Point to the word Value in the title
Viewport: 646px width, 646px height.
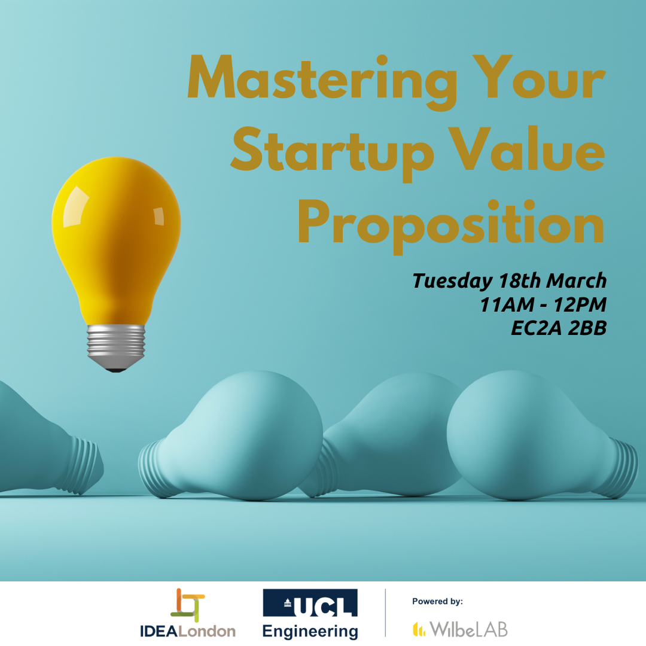point(527,148)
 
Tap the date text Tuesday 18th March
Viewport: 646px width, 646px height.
point(510,281)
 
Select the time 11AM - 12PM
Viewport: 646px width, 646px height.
point(543,305)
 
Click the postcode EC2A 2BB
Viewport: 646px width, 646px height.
point(559,328)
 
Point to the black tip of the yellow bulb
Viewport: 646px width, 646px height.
point(116,370)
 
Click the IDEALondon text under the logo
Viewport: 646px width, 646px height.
point(187,631)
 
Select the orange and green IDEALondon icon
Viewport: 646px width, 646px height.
point(187,605)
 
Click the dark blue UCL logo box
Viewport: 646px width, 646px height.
point(310,603)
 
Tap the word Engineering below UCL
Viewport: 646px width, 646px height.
point(310,632)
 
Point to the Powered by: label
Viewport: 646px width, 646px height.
point(437,602)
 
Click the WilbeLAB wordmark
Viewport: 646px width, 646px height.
point(469,629)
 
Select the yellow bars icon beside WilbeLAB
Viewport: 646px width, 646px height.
point(419,629)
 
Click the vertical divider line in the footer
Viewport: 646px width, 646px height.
point(386,613)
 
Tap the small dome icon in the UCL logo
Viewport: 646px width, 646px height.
point(288,603)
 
